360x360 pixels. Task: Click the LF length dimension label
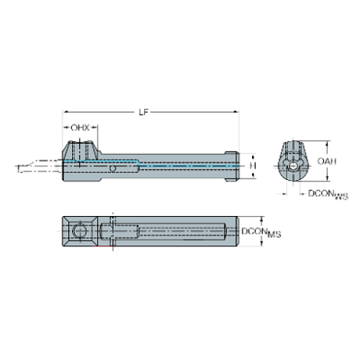(x=149, y=111)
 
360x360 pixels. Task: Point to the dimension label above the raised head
(x=82, y=127)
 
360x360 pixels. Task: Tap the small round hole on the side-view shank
(x=112, y=170)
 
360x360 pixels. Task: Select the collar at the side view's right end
(x=232, y=167)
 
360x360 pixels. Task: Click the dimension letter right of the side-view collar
(x=251, y=167)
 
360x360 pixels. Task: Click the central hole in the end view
(x=292, y=168)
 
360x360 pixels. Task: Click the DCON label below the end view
(x=317, y=194)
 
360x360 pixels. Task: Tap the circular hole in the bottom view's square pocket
(x=80, y=234)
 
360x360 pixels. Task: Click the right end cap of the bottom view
(x=233, y=233)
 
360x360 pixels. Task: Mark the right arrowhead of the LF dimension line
(x=237, y=112)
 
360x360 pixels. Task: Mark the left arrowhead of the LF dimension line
(x=64, y=112)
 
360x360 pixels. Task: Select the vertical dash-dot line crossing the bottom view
(x=112, y=233)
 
